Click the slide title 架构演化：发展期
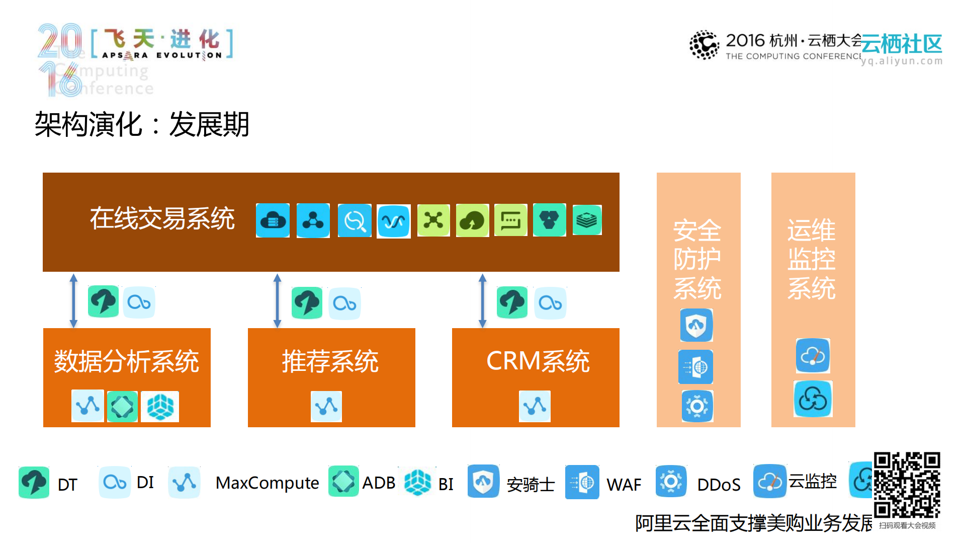[x=142, y=124]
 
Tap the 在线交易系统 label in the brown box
[x=162, y=219]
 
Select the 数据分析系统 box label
[x=127, y=361]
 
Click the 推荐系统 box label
[x=330, y=361]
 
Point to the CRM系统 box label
[x=538, y=361]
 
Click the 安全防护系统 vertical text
[x=697, y=259]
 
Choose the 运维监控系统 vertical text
[x=811, y=259]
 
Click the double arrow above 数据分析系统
[x=73, y=300]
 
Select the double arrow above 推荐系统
[x=277, y=300]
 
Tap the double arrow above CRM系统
[x=482, y=300]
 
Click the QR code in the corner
[x=907, y=485]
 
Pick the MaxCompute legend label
[x=267, y=483]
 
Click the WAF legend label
[x=624, y=485]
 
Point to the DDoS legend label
[x=719, y=485]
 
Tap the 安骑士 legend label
[x=531, y=485]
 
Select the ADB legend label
[x=379, y=483]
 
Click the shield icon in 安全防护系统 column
[x=696, y=325]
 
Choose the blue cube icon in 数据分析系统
[x=160, y=406]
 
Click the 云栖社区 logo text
[x=901, y=44]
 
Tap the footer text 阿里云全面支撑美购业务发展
[x=753, y=523]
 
